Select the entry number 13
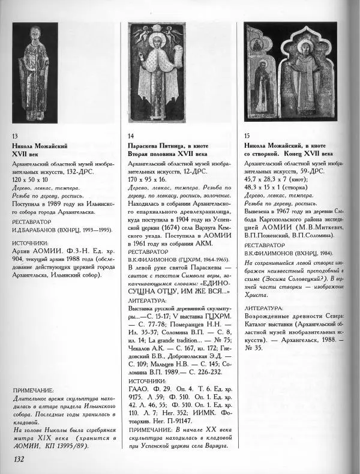point(15,137)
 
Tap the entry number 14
point(131,137)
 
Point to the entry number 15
point(248,137)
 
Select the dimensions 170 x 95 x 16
point(149,179)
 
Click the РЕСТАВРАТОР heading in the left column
point(35,220)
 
